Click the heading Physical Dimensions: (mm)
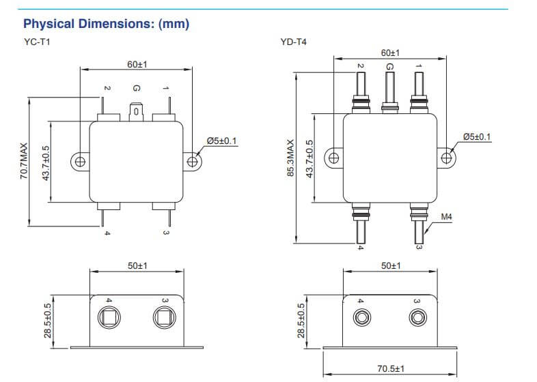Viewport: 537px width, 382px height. pos(106,24)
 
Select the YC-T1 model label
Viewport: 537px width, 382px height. pos(36,42)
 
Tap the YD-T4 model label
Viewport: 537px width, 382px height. pos(293,42)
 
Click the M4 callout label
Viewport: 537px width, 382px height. pos(447,217)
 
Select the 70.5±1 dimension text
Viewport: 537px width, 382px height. pos(391,369)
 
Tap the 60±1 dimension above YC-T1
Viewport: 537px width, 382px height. pos(137,64)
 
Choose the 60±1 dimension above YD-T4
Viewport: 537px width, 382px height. pos(390,53)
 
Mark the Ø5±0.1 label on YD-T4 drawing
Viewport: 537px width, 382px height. pos(476,136)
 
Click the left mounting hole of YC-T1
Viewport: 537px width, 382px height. pos(79,162)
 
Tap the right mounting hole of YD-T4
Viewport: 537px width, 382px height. pos(447,158)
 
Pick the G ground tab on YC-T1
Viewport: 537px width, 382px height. pos(136,110)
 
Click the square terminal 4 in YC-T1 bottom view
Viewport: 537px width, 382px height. pos(109,317)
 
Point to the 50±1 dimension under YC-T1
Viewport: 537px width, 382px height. pos(137,265)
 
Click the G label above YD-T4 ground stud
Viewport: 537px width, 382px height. pos(389,66)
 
